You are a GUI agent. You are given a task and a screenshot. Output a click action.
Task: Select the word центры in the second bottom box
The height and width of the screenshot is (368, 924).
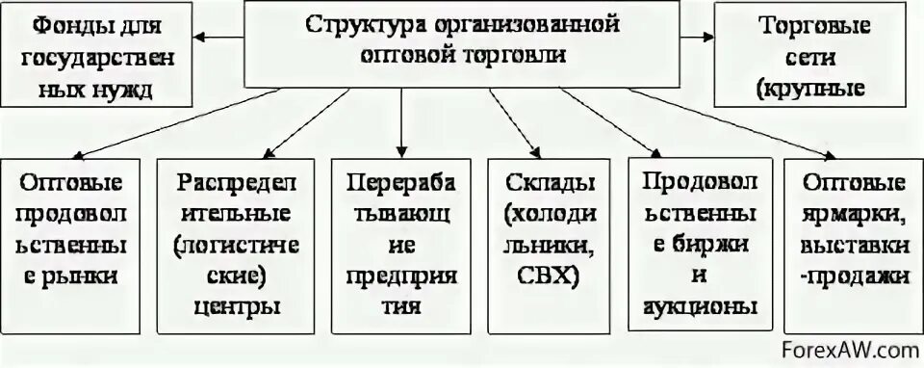click(230, 308)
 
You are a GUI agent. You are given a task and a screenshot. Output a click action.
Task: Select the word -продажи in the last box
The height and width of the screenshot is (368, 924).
click(845, 276)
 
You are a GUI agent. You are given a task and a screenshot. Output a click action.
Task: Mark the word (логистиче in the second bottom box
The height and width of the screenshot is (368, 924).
click(230, 245)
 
